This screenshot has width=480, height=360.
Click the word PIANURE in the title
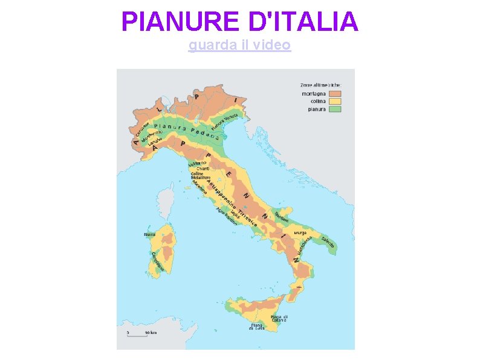click(x=181, y=22)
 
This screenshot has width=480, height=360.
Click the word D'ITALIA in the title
click(x=303, y=22)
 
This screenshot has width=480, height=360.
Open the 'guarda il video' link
click(x=239, y=45)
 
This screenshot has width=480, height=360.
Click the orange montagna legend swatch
click(x=335, y=94)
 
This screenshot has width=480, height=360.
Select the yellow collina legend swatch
click(x=335, y=102)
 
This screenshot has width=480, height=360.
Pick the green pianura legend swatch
click(x=335, y=110)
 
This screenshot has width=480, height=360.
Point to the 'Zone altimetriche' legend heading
click(x=320, y=85)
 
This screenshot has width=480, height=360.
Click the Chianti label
click(x=203, y=168)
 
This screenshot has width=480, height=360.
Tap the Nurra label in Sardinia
click(x=149, y=234)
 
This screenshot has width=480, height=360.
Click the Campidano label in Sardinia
click(x=157, y=261)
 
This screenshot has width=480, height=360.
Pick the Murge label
click(x=300, y=232)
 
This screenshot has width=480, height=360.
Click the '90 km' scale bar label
click(x=151, y=332)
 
